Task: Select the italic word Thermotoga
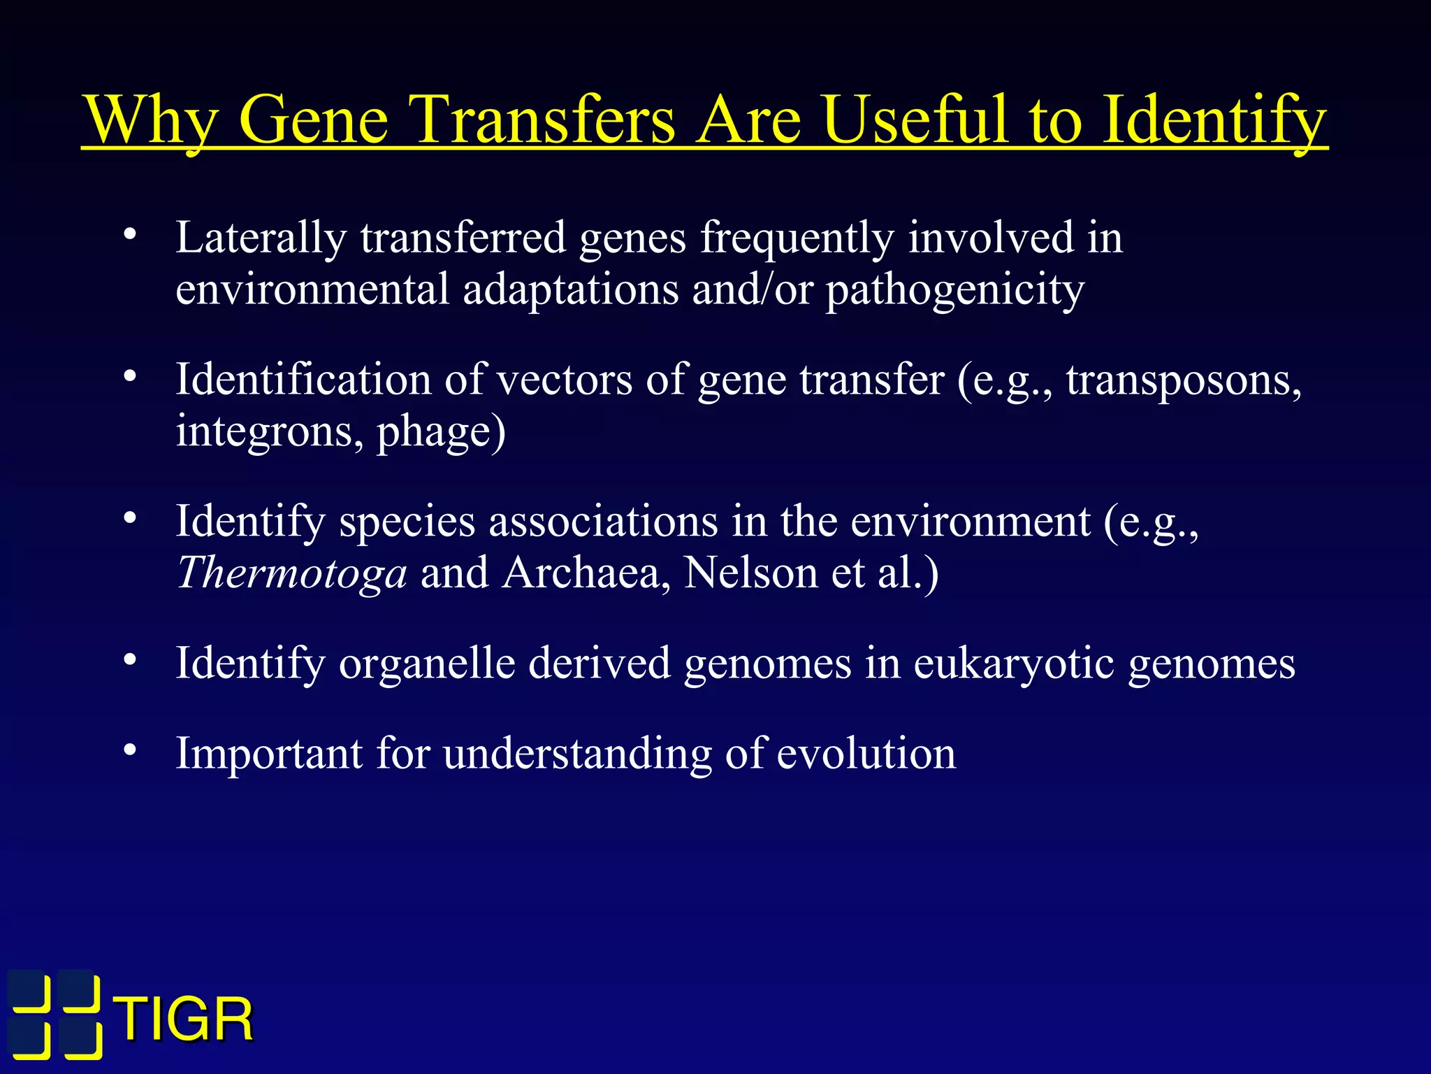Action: (x=291, y=573)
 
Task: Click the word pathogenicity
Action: (x=954, y=290)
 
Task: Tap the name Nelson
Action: (x=750, y=573)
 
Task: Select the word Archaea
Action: (x=586, y=573)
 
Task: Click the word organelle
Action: (x=426, y=663)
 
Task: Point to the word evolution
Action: (x=866, y=754)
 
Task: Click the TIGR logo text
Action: (x=185, y=1019)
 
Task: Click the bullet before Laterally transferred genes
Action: (x=129, y=236)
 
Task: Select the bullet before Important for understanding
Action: (x=129, y=752)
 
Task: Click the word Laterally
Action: (x=261, y=238)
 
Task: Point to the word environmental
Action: (x=312, y=289)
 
